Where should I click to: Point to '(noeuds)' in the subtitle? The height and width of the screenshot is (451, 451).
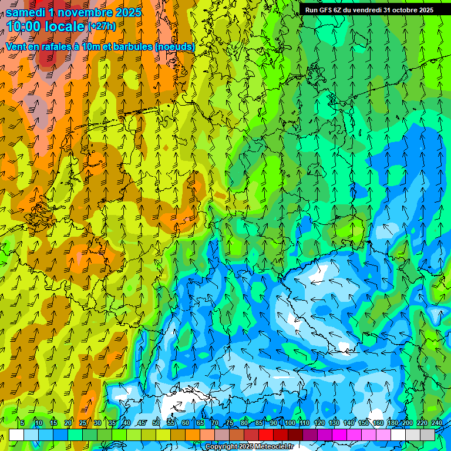tap(175, 46)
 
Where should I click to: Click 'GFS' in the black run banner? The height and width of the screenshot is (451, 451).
tap(326, 10)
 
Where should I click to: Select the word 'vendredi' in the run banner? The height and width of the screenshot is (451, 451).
tap(364, 10)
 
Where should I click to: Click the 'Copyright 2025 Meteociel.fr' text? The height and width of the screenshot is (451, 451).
tap(249, 447)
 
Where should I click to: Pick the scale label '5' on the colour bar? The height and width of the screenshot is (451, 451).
tap(22, 423)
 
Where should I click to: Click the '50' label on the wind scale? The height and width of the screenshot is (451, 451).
tap(156, 423)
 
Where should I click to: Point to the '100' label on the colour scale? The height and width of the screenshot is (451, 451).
tap(290, 423)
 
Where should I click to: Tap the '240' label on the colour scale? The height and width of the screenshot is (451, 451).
tap(436, 423)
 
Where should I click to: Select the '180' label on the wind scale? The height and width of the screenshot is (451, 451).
tap(392, 423)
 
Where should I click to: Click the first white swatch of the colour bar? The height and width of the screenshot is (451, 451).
tap(16, 435)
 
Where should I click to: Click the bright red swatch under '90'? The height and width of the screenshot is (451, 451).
tap(266, 435)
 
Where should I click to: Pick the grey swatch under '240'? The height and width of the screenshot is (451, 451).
tap(428, 435)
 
